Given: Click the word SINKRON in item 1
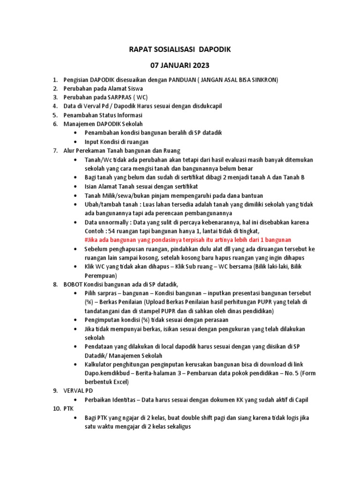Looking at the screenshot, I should [x=264, y=80].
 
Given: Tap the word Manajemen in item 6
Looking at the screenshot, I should [x=79, y=124].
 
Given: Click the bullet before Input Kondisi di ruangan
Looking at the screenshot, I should [x=76, y=142].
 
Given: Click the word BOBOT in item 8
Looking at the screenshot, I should [x=73, y=285].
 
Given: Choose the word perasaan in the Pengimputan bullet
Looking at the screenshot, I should [x=203, y=320].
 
